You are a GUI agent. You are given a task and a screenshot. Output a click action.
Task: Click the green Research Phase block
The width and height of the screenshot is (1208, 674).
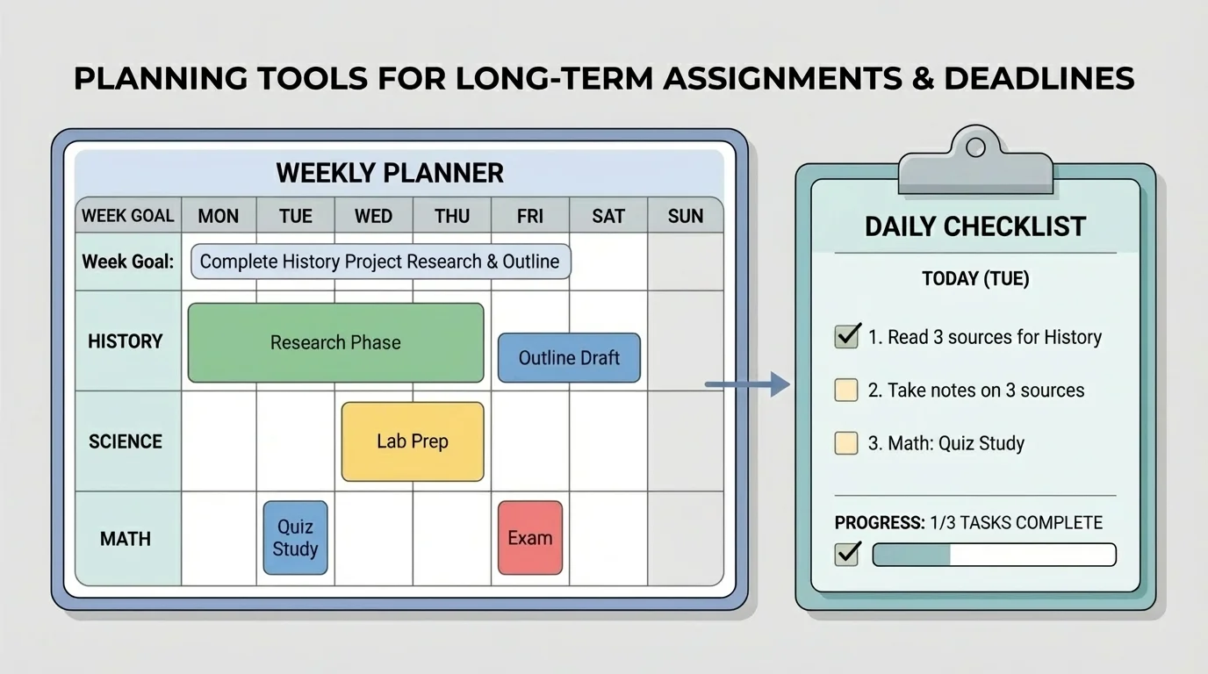pyautogui.click(x=335, y=342)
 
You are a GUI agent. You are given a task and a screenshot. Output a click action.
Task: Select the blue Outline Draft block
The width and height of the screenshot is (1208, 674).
pyautogui.click(x=569, y=358)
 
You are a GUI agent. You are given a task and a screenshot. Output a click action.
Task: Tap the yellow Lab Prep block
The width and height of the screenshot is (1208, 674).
pyautogui.click(x=412, y=441)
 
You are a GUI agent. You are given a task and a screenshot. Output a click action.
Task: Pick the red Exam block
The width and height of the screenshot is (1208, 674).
pyautogui.click(x=529, y=538)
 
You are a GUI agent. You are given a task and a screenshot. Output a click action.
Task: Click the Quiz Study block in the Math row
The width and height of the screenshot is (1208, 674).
pyautogui.click(x=295, y=538)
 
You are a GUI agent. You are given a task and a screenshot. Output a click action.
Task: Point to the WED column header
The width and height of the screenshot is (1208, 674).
pyautogui.click(x=373, y=216)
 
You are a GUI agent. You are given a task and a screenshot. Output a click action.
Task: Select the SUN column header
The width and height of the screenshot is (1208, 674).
pyautogui.click(x=685, y=216)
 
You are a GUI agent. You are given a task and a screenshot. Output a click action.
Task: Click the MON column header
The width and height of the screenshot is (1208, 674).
pyautogui.click(x=218, y=216)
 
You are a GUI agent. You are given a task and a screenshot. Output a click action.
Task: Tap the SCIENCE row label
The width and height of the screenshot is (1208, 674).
pyautogui.click(x=126, y=441)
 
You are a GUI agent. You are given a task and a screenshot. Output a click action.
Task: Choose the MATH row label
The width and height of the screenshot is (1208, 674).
pyautogui.click(x=126, y=539)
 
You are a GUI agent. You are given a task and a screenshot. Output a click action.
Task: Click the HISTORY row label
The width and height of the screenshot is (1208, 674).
pyautogui.click(x=126, y=341)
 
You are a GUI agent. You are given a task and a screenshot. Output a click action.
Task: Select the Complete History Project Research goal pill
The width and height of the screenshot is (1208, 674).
pyautogui.click(x=379, y=262)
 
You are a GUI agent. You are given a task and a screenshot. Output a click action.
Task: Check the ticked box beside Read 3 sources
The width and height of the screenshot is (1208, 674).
pyautogui.click(x=846, y=336)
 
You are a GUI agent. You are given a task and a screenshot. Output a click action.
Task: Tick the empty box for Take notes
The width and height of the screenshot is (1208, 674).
pyautogui.click(x=846, y=391)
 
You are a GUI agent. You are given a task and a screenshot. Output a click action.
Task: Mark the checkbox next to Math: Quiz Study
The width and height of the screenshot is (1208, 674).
pyautogui.click(x=846, y=443)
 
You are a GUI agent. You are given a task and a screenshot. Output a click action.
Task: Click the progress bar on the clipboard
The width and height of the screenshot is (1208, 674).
pyautogui.click(x=994, y=555)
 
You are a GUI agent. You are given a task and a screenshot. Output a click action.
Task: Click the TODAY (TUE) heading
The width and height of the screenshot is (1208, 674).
pyautogui.click(x=975, y=279)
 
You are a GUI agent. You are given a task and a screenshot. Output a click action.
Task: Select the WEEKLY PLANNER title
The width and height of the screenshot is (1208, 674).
pyautogui.click(x=390, y=172)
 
